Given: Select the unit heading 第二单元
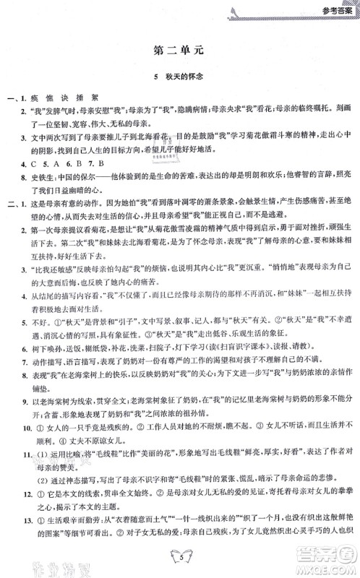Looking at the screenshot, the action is coord(180,51).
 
